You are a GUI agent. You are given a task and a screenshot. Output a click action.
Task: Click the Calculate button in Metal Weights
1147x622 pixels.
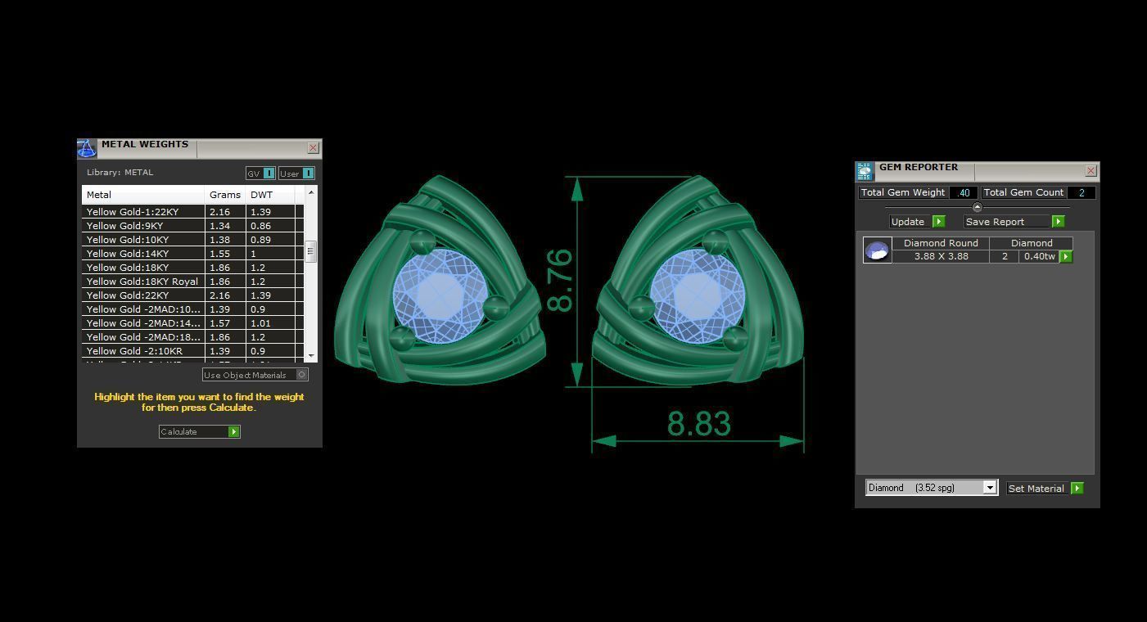coord(199,431)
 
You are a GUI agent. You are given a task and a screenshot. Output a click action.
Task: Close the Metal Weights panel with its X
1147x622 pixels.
coord(313,148)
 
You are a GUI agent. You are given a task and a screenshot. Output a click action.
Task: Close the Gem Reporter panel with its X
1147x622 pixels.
coord(1091,171)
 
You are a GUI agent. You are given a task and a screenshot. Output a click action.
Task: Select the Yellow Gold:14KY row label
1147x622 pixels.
coord(128,254)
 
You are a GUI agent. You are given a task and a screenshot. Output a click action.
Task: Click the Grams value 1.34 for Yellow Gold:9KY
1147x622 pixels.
coord(219,226)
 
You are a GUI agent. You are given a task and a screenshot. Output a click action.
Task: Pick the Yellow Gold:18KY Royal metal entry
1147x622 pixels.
coord(142,282)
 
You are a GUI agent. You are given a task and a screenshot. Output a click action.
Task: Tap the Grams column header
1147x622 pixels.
coord(225,195)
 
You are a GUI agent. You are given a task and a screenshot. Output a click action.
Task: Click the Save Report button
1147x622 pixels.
coord(1014,222)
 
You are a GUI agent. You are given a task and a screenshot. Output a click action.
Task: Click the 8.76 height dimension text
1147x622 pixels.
coord(560,281)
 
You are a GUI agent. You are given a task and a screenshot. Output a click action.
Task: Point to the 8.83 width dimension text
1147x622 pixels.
coord(698,424)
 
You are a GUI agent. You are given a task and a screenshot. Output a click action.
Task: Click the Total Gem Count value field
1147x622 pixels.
coord(1081,192)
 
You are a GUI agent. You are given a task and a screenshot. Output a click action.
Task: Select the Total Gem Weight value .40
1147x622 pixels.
coord(964,192)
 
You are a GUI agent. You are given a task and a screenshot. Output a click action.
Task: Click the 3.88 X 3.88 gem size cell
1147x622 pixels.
coord(941,256)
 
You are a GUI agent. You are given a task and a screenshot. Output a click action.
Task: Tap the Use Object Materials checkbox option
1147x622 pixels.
coord(301,375)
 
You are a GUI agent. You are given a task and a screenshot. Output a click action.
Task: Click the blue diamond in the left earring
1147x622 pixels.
coord(440,295)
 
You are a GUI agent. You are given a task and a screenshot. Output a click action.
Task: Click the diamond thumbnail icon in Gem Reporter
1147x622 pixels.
coord(877,250)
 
